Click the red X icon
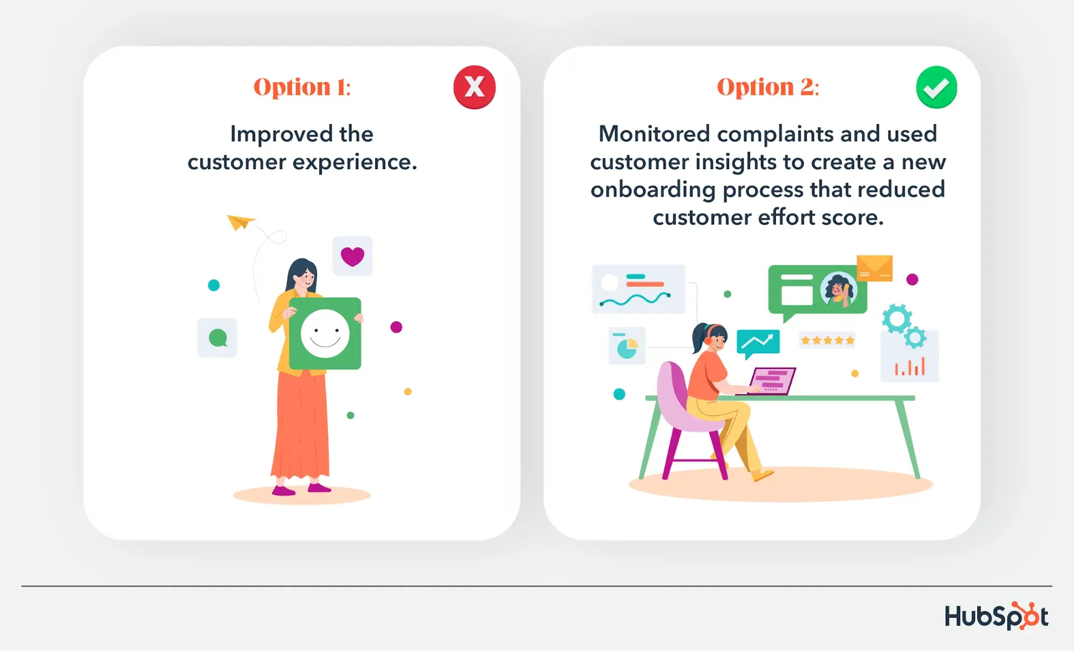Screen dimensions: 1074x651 coord(474,87)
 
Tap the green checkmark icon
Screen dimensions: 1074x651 coord(936,87)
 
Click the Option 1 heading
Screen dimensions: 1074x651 coord(302,88)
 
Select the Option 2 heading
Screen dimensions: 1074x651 coord(768,88)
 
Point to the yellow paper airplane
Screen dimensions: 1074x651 coord(240,221)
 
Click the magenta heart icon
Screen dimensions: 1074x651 coord(352,256)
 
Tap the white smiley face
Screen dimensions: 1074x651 coord(325,334)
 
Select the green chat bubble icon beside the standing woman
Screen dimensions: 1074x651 coord(218,338)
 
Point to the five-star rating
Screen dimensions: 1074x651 coord(827,340)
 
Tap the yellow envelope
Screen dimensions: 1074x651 coord(875,268)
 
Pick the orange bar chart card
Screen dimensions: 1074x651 coord(910,356)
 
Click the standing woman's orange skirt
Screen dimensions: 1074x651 coord(301,424)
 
